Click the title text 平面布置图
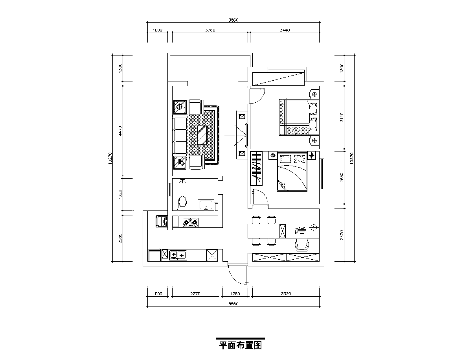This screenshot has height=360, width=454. [x=240, y=345]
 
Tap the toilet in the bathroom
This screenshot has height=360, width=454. [x=182, y=202]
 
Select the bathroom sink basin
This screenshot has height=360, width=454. [x=206, y=205]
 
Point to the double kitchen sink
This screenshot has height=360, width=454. [x=178, y=255]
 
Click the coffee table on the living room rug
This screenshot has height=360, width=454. [x=202, y=135]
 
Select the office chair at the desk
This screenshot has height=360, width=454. [x=302, y=245]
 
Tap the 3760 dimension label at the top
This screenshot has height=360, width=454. [x=210, y=30]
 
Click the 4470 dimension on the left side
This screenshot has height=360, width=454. [x=120, y=131]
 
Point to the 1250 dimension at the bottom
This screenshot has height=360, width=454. [x=235, y=294]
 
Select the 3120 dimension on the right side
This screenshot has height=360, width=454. [x=342, y=117]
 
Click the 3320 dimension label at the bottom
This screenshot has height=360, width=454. [x=286, y=294]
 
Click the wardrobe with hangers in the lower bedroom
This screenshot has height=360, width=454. [x=256, y=168]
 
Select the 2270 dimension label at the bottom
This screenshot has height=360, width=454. [x=195, y=294]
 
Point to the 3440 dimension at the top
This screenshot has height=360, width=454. [x=285, y=30]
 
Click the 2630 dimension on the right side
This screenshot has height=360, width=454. [x=342, y=177]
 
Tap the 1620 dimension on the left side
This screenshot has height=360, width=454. [x=120, y=194]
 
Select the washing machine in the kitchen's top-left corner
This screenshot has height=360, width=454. [x=162, y=221]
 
